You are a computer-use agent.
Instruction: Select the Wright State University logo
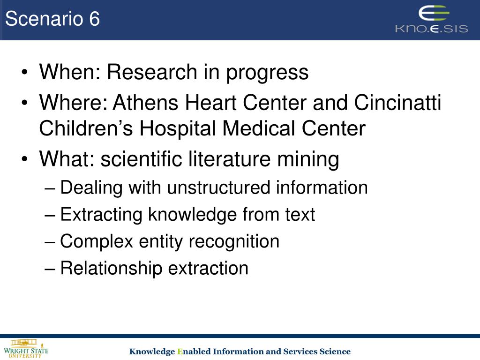click(x=26, y=349)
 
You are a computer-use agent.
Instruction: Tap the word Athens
click(x=146, y=102)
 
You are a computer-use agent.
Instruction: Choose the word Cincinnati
click(x=397, y=102)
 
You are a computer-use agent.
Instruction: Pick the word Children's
click(x=86, y=128)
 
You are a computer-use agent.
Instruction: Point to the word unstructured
click(x=218, y=187)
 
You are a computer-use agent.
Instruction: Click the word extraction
click(x=208, y=268)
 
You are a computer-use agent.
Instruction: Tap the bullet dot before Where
click(x=24, y=103)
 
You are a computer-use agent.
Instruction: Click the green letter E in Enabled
click(x=180, y=352)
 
